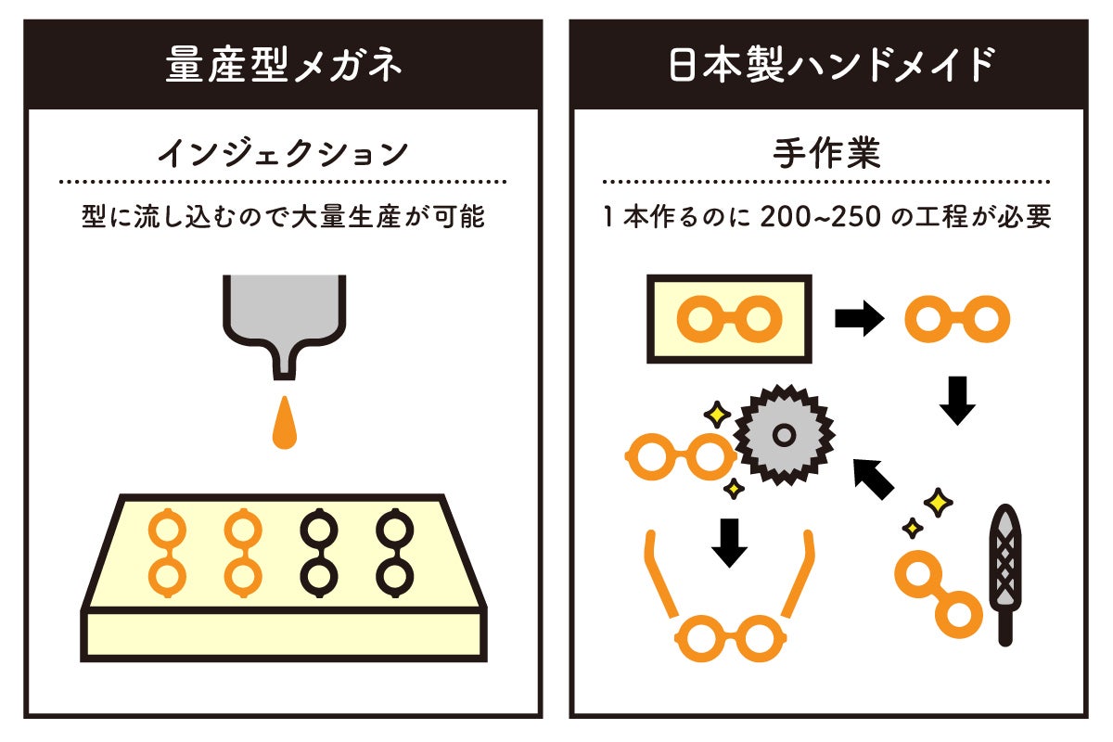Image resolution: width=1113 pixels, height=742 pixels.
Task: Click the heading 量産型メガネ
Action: coord(284,65)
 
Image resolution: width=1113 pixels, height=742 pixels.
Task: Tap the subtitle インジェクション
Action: coord(284,152)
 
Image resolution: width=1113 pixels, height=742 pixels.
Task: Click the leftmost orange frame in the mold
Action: coord(167,551)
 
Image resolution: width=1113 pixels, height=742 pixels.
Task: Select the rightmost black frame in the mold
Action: coord(394,551)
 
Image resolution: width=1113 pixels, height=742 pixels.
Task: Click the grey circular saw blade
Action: coord(785,434)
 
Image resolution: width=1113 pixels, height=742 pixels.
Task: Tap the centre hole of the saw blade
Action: coord(785,434)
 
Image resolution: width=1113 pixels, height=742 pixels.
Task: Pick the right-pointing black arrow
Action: coord(859,319)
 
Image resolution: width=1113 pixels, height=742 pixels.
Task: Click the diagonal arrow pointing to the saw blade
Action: coord(873,477)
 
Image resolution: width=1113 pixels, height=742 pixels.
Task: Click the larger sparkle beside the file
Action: coord(939,503)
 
